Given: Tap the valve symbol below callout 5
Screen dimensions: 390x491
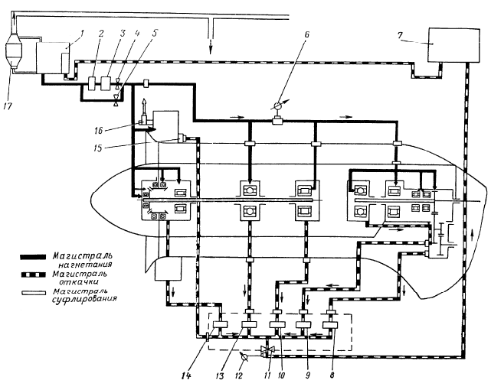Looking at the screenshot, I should (116, 99).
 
